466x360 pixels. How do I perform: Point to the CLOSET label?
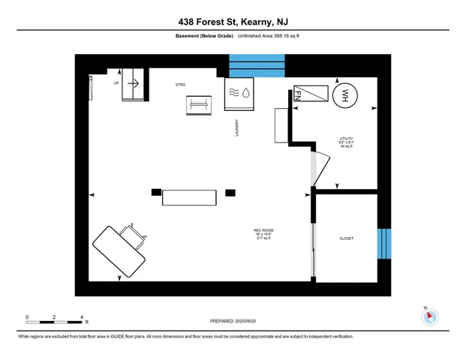tap(346, 238)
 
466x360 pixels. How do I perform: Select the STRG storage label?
tap(180, 85)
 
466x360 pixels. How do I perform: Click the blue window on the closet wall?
tap(383, 243)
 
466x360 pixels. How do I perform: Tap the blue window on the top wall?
tap(257, 66)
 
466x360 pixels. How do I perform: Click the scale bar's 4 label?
tap(81, 317)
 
